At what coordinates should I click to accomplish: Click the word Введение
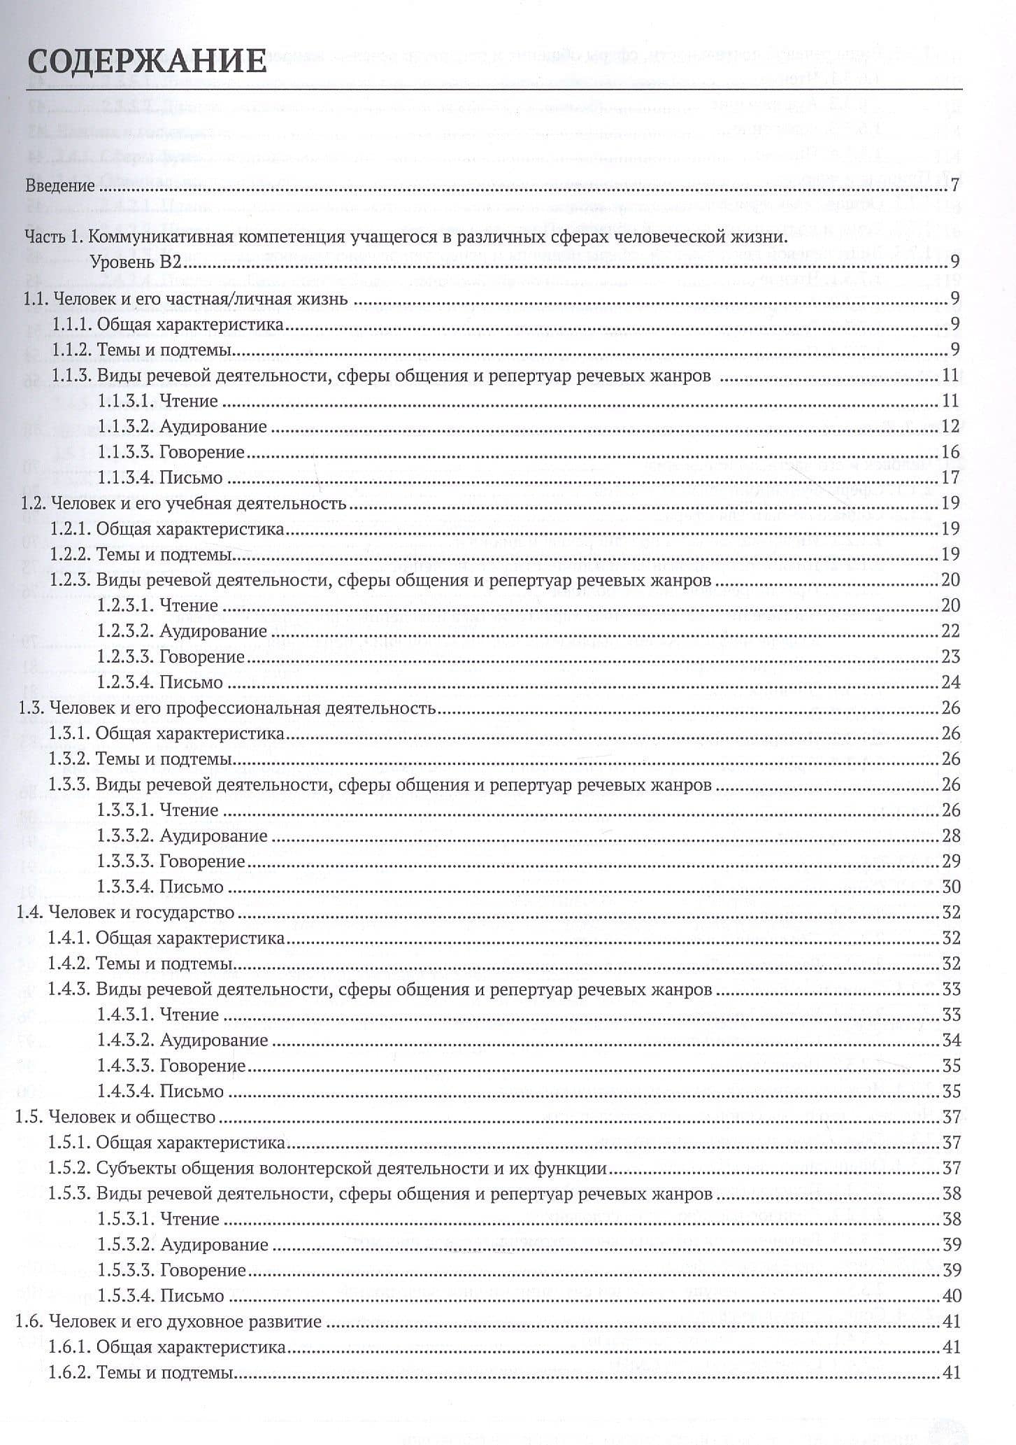pyautogui.click(x=59, y=186)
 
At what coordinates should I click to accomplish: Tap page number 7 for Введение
pyautogui.click(x=954, y=186)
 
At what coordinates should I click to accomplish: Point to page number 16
pyautogui.click(x=950, y=452)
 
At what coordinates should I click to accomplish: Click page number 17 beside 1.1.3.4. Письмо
pyautogui.click(x=950, y=478)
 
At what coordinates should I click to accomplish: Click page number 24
pyautogui.click(x=950, y=682)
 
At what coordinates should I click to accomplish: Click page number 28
pyautogui.click(x=950, y=836)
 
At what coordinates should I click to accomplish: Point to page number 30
pyautogui.click(x=950, y=887)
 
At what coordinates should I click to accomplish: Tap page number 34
pyautogui.click(x=950, y=1040)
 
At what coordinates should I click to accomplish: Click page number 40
pyautogui.click(x=950, y=1295)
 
